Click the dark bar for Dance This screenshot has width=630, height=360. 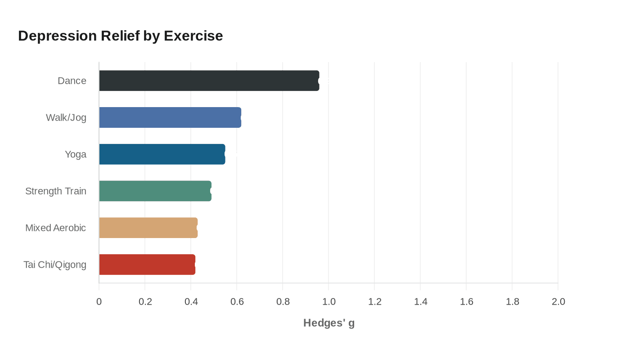(x=209, y=81)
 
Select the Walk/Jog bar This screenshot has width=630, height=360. (x=170, y=117)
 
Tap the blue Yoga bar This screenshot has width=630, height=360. (x=162, y=154)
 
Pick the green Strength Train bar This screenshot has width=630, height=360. (x=155, y=191)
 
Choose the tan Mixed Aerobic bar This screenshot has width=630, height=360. (x=148, y=228)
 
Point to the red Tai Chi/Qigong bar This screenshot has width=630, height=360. (x=147, y=265)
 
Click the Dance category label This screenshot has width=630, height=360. (x=72, y=81)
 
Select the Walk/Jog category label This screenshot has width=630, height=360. (x=66, y=118)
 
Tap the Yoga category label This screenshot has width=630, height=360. (x=76, y=155)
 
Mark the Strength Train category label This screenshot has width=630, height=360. (x=56, y=191)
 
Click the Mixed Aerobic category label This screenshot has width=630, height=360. (x=56, y=228)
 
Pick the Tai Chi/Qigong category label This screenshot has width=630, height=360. (x=55, y=265)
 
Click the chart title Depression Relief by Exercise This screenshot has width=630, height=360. (x=121, y=36)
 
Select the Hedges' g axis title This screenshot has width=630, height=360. (x=329, y=323)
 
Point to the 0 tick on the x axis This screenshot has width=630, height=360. (x=99, y=301)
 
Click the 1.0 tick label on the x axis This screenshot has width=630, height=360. (x=329, y=301)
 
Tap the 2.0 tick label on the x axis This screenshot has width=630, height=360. (x=558, y=301)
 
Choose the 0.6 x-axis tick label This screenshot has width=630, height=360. (x=237, y=301)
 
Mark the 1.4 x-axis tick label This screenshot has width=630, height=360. (x=421, y=301)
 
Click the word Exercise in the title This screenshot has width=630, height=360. (x=193, y=36)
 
